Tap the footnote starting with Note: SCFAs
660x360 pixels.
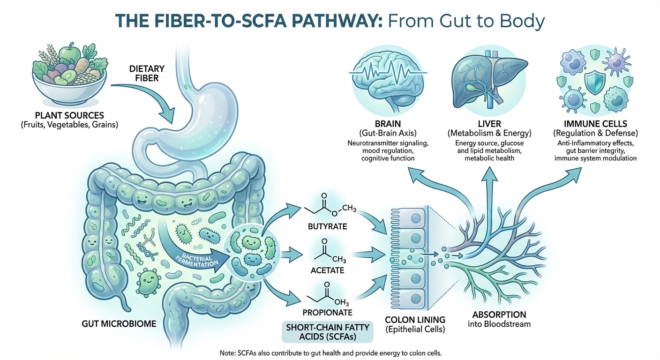(x=330, y=352)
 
